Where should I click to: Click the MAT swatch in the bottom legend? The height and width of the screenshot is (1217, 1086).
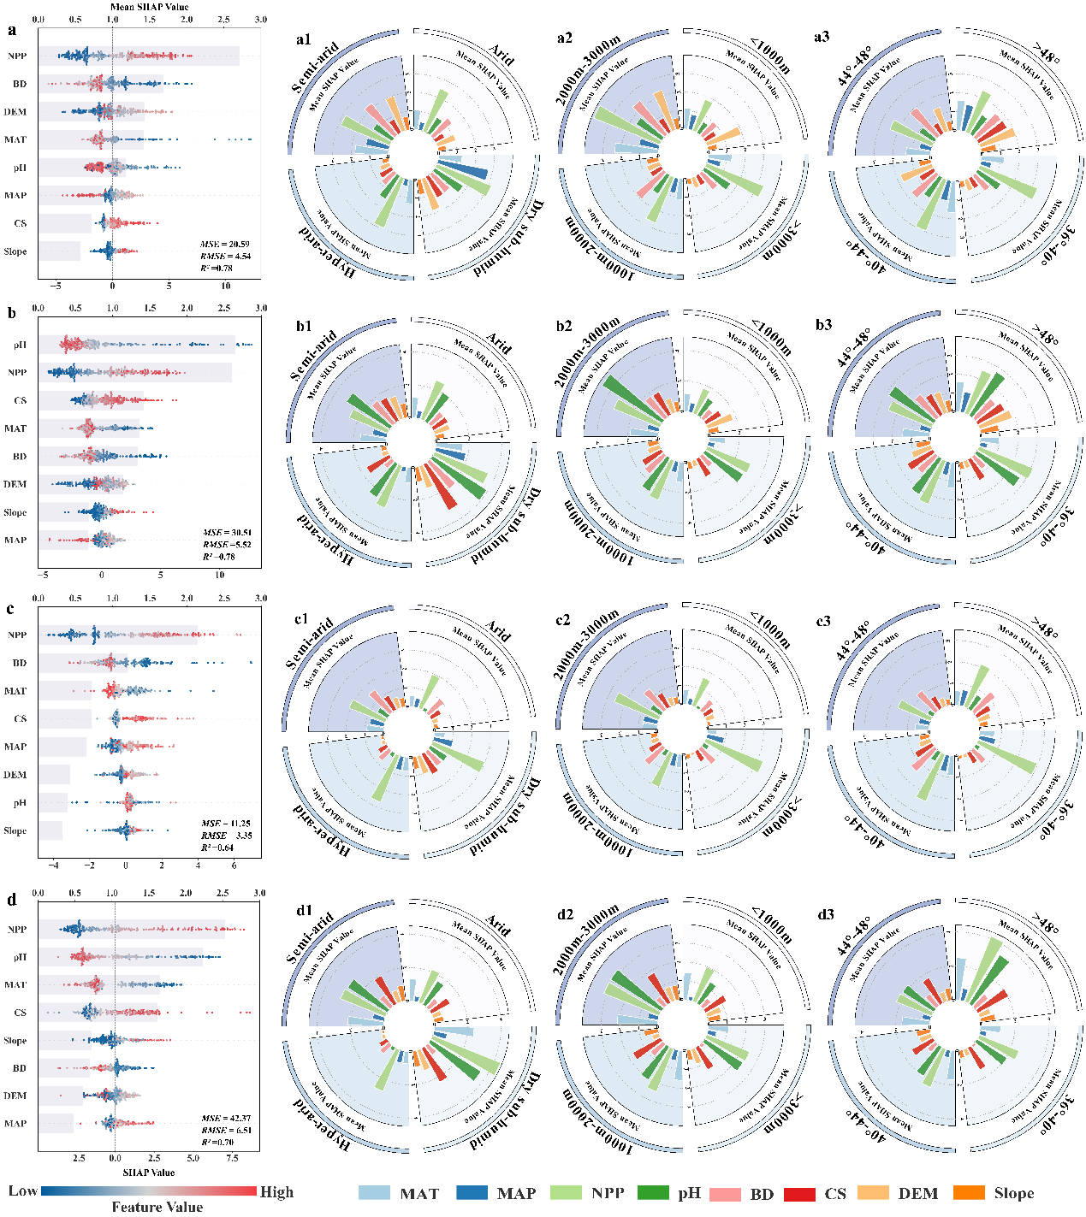373,1193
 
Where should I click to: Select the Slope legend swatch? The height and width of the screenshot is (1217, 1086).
968,1193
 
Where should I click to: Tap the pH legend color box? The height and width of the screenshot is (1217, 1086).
654,1193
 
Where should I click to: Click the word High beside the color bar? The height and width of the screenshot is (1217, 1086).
276,1191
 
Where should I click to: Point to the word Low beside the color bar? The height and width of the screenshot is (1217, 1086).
23,1191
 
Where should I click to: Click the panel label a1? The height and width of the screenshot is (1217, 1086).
304,39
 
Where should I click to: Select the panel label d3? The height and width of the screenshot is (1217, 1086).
825,915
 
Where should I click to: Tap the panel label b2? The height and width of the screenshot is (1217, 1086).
564,326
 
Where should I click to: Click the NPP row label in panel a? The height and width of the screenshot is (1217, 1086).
17,56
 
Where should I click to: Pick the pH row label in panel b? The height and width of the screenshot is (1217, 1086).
20,345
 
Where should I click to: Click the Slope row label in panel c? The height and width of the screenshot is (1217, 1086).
15,830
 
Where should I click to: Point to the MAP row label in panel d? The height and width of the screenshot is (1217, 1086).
15,1123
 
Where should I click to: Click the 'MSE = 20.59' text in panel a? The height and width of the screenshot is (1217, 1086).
225,245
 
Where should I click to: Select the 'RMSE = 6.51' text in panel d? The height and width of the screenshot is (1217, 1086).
226,1130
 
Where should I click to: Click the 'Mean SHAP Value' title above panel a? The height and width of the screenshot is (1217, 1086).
150,7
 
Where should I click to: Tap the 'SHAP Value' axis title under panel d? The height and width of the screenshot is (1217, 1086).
149,1173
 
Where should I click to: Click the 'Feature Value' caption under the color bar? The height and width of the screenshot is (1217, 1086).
157,1207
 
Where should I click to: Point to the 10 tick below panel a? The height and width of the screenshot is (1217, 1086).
225,287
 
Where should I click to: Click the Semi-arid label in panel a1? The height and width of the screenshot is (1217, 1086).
315,67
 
